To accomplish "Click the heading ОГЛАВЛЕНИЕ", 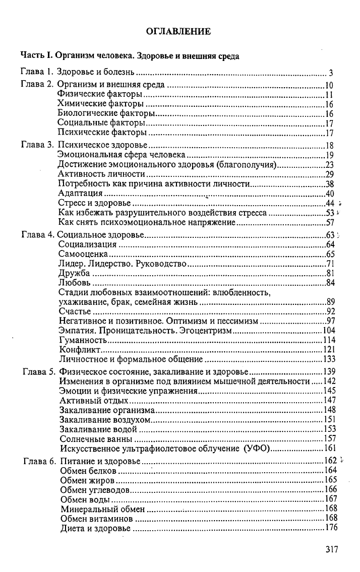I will (x=178, y=32).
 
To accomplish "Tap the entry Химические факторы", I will (x=100, y=104).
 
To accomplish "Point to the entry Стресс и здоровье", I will (x=94, y=203).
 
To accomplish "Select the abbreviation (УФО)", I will (x=257, y=449).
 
